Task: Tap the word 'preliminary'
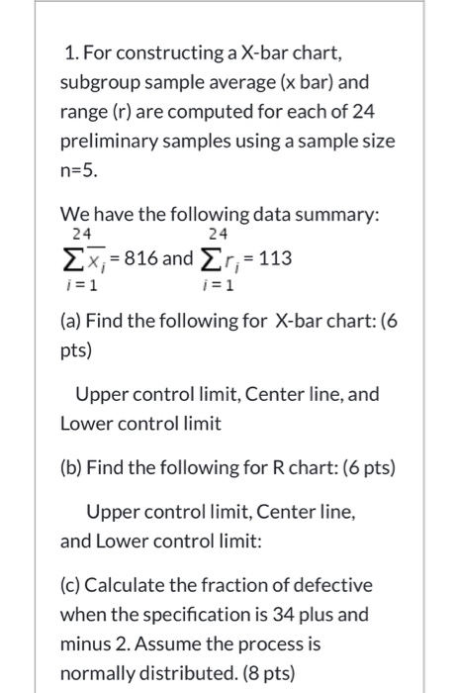coord(109,141)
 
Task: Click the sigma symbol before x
coord(70,258)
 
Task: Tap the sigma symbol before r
coord(209,258)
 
